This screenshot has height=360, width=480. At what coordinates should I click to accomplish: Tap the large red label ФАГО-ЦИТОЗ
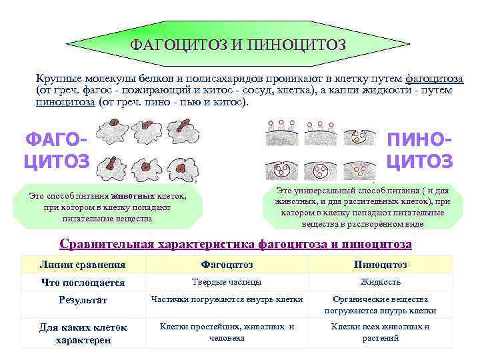pos(56,151)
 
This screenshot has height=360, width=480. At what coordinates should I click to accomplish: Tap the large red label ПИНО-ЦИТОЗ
pos(420,151)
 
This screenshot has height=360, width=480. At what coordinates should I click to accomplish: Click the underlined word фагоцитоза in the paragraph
pos(435,79)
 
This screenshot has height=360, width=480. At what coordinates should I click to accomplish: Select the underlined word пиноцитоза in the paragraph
pos(65,103)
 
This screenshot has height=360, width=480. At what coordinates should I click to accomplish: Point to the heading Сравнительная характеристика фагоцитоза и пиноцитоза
pos(235,244)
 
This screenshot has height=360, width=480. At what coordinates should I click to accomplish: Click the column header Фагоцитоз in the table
pos(227,265)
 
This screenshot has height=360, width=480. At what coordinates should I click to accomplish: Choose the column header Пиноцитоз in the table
pos(380,265)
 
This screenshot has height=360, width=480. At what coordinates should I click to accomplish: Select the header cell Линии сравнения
pos(82,265)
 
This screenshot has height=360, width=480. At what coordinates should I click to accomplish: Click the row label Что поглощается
pos(83,282)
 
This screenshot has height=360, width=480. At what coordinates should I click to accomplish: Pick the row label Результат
pos(82,300)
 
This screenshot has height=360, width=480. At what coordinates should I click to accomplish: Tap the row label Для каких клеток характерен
pos(83,333)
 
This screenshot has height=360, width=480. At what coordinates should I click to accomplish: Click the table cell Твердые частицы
pos(227,282)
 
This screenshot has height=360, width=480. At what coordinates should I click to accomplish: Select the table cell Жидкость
pos(380,282)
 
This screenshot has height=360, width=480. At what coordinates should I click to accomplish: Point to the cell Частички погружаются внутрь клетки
pos(227,299)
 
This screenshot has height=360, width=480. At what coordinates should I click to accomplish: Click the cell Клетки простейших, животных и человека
pos(227,332)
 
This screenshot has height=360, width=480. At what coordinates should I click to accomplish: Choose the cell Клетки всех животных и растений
pos(380,332)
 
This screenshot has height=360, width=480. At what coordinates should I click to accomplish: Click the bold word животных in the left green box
pos(133,197)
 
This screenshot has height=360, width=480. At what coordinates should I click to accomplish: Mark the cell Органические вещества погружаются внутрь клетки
pos(380,305)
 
